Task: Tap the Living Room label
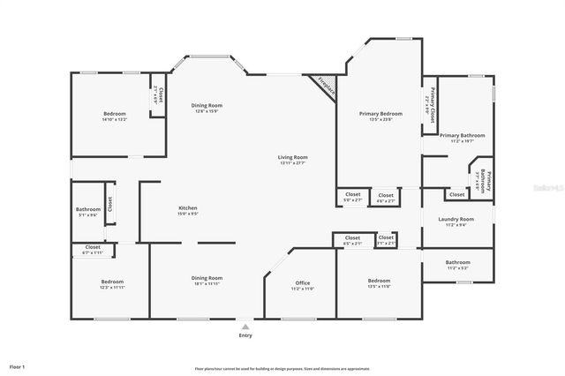click(x=293, y=157)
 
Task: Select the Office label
click(x=302, y=283)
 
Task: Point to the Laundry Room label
click(x=456, y=219)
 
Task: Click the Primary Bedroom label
click(x=380, y=114)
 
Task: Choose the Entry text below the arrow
click(x=245, y=335)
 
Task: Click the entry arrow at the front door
click(x=245, y=325)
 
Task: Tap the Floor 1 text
click(x=18, y=365)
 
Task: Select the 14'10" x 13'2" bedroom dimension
click(x=115, y=119)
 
